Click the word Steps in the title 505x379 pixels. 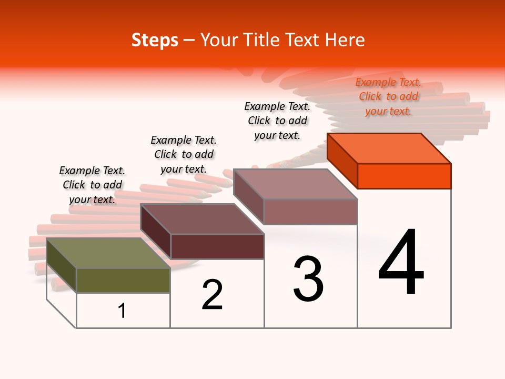click(155, 41)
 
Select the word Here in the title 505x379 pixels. click(345, 41)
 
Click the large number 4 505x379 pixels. click(401, 263)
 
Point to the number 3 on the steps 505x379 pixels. click(308, 279)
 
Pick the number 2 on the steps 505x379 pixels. click(213, 295)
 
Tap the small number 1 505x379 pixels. click(122, 311)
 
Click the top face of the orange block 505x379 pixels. click(389, 148)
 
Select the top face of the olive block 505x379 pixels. click(108, 253)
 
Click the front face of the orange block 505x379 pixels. click(404, 176)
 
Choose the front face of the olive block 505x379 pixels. click(123, 281)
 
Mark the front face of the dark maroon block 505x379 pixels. click(217, 246)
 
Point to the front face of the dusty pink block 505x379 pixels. click(310, 212)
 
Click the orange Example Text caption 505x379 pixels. click(388, 97)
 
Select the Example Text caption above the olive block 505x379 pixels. click(92, 185)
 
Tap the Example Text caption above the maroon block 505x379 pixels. click(184, 154)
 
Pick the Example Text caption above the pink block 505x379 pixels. click(277, 121)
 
